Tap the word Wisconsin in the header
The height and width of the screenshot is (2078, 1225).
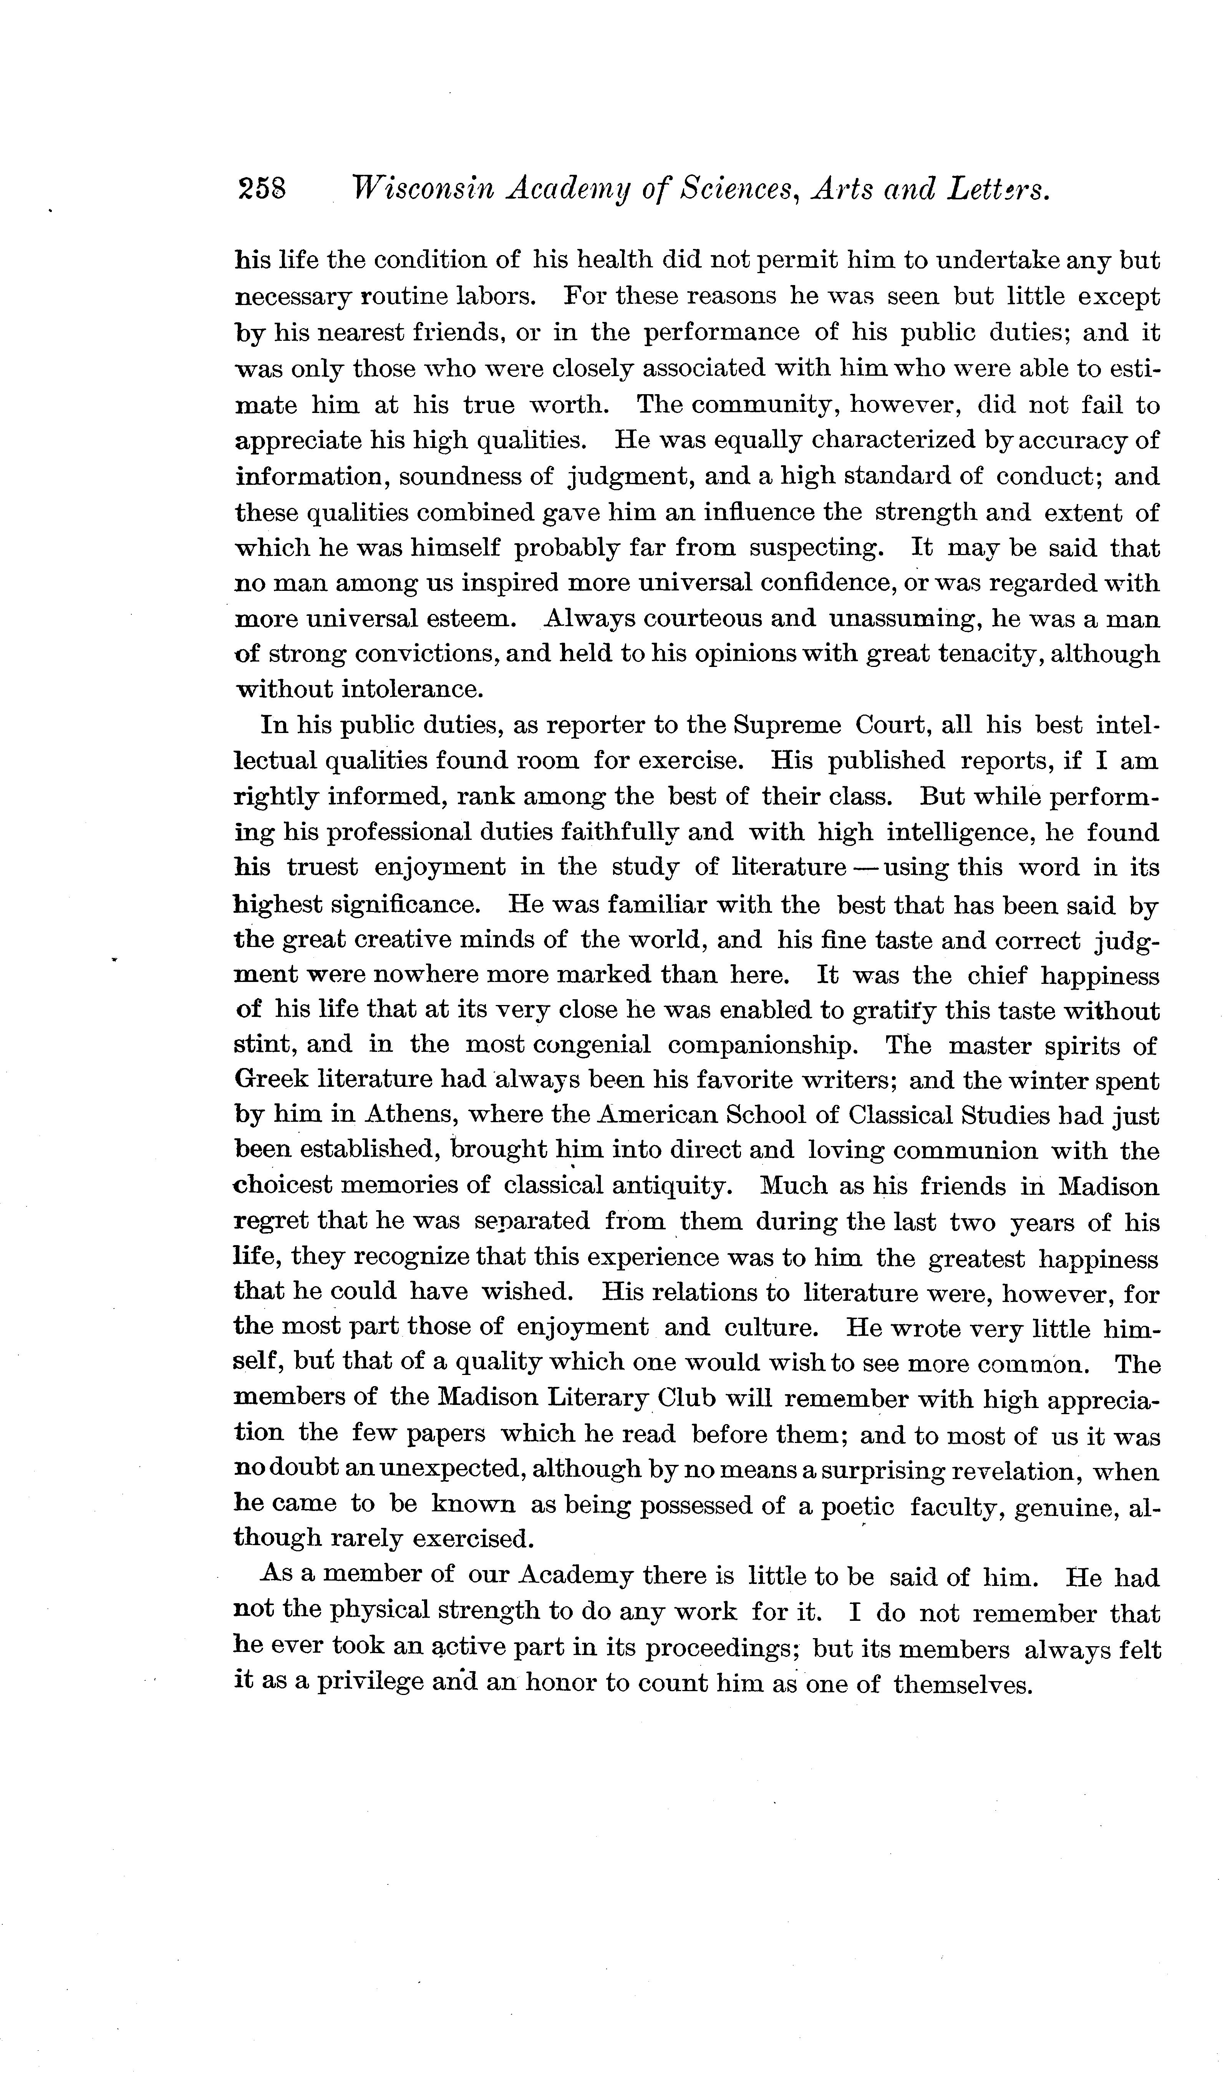coord(421,191)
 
